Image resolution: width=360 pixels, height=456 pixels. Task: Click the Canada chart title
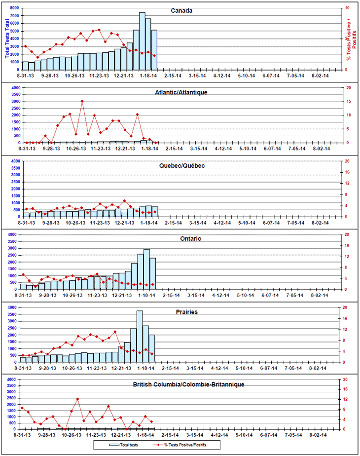[181, 10]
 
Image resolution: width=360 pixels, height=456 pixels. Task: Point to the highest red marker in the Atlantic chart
[82, 101]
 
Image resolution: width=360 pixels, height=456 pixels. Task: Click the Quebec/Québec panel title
[181, 166]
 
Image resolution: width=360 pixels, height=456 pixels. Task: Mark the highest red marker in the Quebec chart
[124, 201]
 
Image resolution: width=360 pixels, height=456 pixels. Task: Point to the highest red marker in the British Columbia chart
[77, 399]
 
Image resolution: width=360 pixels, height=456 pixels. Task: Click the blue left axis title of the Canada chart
[6, 38]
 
